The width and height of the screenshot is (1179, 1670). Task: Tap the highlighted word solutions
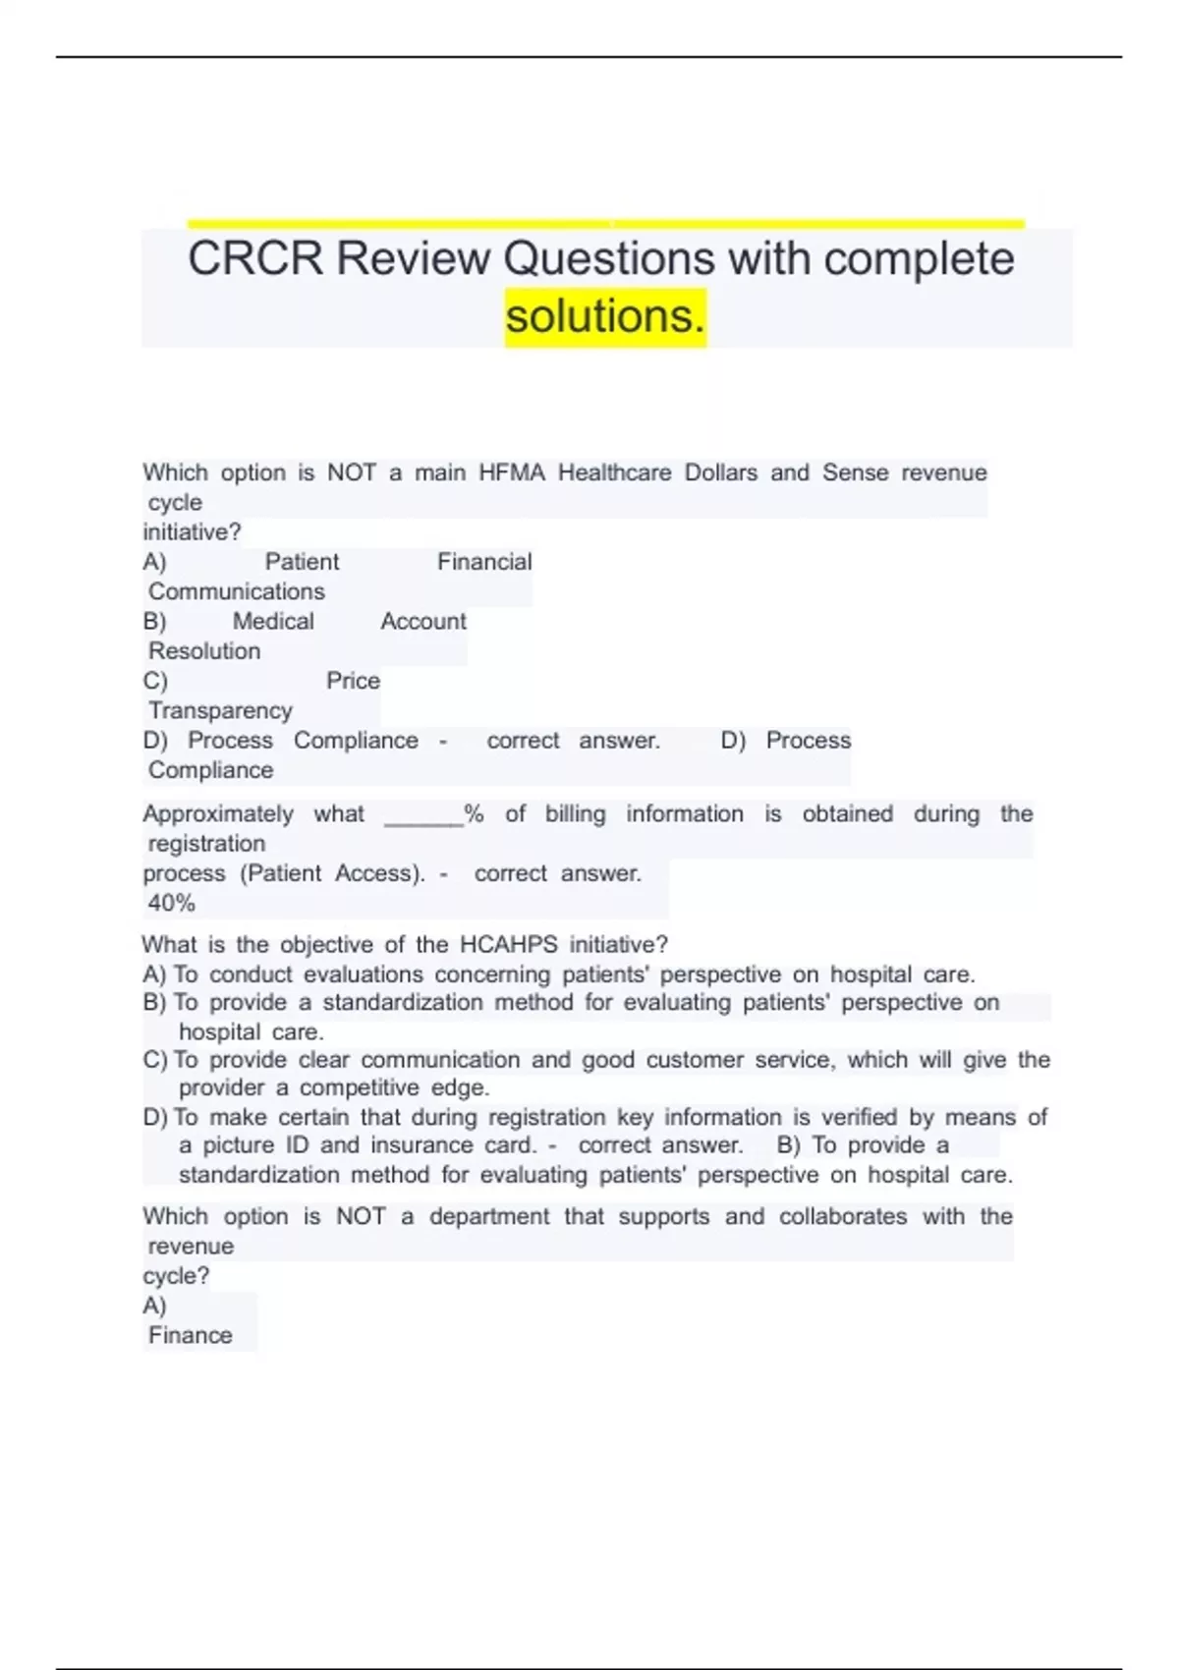605,316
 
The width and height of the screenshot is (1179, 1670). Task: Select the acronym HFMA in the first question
511,473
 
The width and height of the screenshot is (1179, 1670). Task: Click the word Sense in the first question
855,473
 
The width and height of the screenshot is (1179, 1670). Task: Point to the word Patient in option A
302,562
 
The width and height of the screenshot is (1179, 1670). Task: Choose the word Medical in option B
273,621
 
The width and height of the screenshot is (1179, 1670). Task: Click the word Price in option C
353,681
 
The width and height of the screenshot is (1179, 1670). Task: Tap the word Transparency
220,710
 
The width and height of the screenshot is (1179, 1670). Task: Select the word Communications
236,591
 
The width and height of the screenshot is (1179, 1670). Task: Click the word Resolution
204,651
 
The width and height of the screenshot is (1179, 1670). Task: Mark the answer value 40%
172,903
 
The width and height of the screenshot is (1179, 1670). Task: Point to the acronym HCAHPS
508,945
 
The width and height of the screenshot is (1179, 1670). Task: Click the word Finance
191,1335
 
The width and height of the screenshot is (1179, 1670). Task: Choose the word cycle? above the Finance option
176,1276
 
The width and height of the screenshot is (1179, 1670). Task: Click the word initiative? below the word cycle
192,532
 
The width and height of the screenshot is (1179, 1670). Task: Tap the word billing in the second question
575,814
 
